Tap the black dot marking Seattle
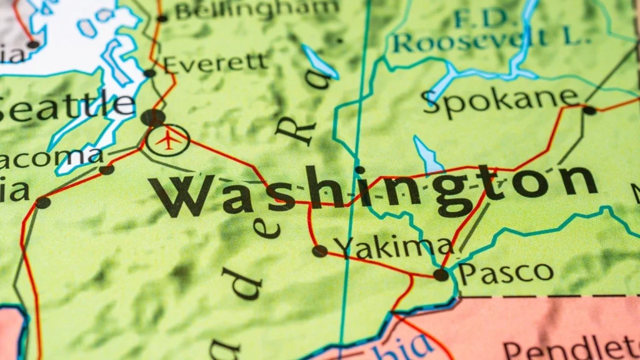pos(152,117)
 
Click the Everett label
pos(215,62)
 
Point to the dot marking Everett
pos(150,73)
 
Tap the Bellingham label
pos(256,9)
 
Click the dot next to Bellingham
pos(162,18)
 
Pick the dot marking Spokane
pos(589,111)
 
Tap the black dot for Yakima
pos(320,251)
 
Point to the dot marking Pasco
pos(441,274)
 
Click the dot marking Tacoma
pos(107,169)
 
